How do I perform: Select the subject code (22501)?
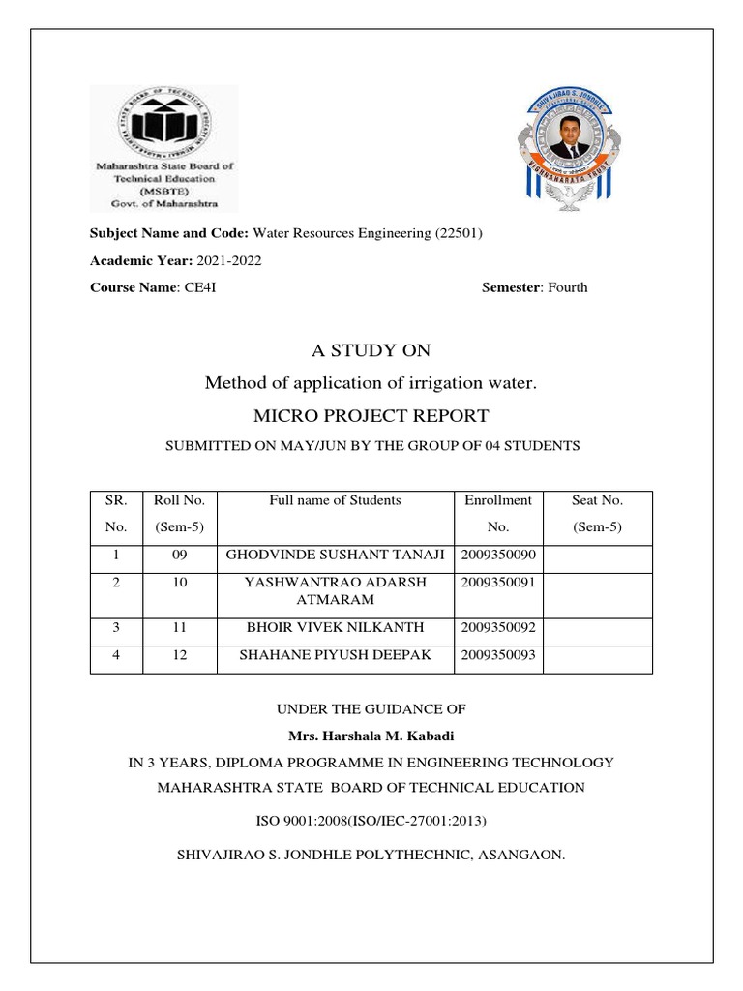[x=461, y=233]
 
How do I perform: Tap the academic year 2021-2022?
[x=229, y=260]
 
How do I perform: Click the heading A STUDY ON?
[x=371, y=350]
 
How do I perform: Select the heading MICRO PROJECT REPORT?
[x=371, y=416]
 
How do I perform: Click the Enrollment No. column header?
[x=498, y=514]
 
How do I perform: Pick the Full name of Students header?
[x=335, y=500]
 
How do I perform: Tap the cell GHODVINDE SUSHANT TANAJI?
[x=335, y=555]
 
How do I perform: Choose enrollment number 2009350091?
[x=498, y=583]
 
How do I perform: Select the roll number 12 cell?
[x=180, y=655]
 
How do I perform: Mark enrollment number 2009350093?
[x=498, y=655]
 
